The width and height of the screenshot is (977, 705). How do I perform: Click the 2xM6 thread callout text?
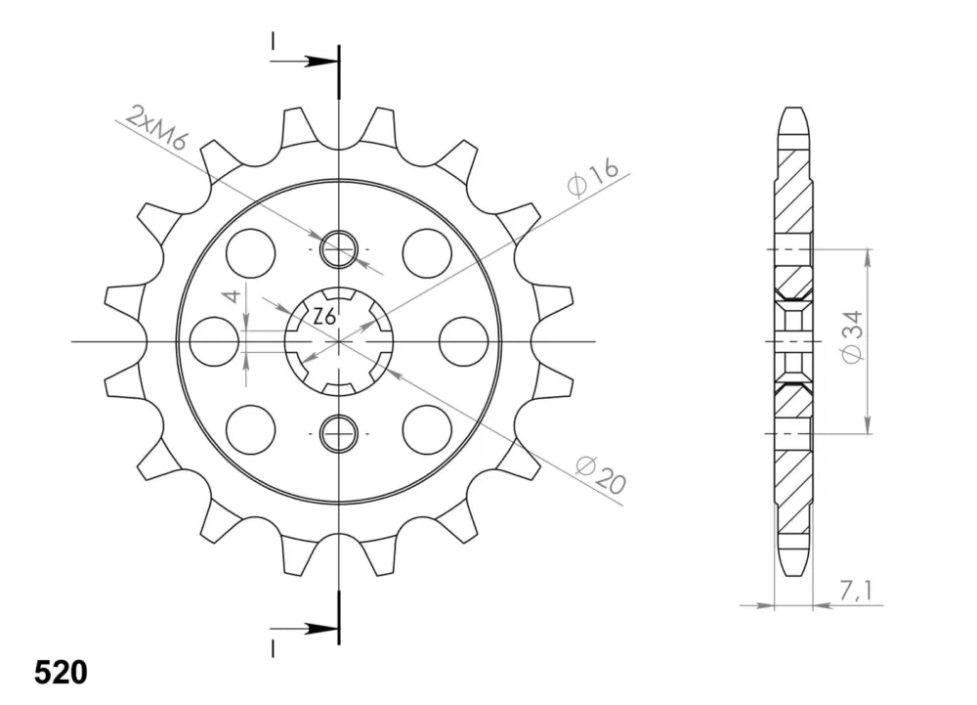pos(155,128)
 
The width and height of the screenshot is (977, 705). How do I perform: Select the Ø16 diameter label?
pos(593,177)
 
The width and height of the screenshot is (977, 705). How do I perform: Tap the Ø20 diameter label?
pos(600,475)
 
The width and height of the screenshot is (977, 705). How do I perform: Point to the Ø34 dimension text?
pos(852,337)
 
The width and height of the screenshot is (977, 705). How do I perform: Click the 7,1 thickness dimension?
pos(855,591)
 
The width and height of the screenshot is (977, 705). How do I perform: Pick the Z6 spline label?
pos(324,317)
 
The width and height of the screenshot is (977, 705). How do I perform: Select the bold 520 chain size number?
pos(61,673)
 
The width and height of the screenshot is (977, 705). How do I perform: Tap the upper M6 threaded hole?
pos(338,249)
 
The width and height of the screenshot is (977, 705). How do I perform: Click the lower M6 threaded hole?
pos(338,433)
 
